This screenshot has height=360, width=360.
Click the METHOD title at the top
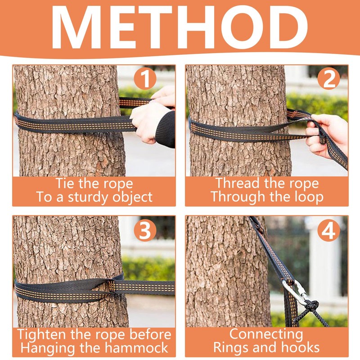pyautogui.click(x=180, y=27)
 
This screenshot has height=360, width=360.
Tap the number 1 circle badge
pyautogui.click(x=145, y=78)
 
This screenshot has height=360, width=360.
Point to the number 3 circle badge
pyautogui.click(x=145, y=230)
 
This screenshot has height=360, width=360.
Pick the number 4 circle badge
pyautogui.click(x=329, y=230)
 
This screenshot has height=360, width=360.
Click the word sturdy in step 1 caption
pyautogui.click(x=89, y=198)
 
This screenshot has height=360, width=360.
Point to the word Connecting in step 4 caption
pyautogui.click(x=266, y=334)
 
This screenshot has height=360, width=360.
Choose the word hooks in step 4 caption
pyautogui.click(x=301, y=347)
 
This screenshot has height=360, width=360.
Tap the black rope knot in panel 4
pyautogui.click(x=312, y=306)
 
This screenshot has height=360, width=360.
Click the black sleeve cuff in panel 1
pyautogui.click(x=165, y=129)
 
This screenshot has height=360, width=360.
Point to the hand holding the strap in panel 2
pyautogui.click(x=326, y=136)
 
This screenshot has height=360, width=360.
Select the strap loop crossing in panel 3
pyautogui.click(x=112, y=286)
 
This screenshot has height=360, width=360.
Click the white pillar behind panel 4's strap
pyautogui.click(x=323, y=260)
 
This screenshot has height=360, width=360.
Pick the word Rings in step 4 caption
pyautogui.click(x=230, y=348)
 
